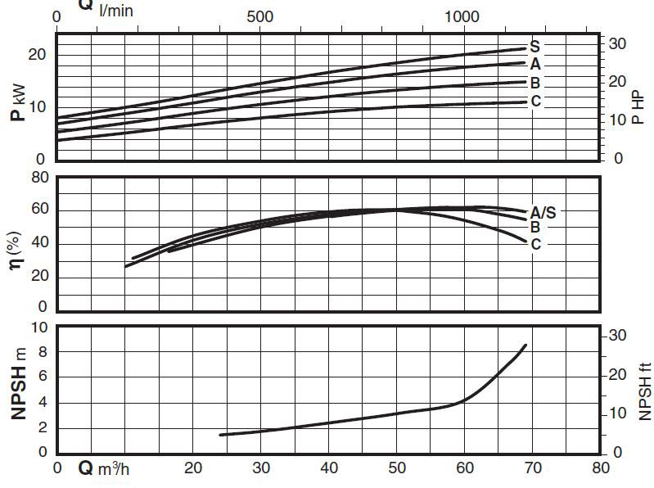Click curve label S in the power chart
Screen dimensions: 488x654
point(534,45)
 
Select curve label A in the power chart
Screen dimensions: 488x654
point(534,64)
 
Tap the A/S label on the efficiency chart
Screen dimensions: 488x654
point(543,212)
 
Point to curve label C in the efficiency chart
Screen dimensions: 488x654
point(535,243)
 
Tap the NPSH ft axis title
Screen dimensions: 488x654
point(644,392)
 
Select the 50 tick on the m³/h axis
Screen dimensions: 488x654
point(396,468)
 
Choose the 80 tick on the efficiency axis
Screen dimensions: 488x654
point(40,178)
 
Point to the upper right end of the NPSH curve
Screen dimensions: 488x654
point(525,346)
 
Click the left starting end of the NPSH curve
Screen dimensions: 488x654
point(221,435)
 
